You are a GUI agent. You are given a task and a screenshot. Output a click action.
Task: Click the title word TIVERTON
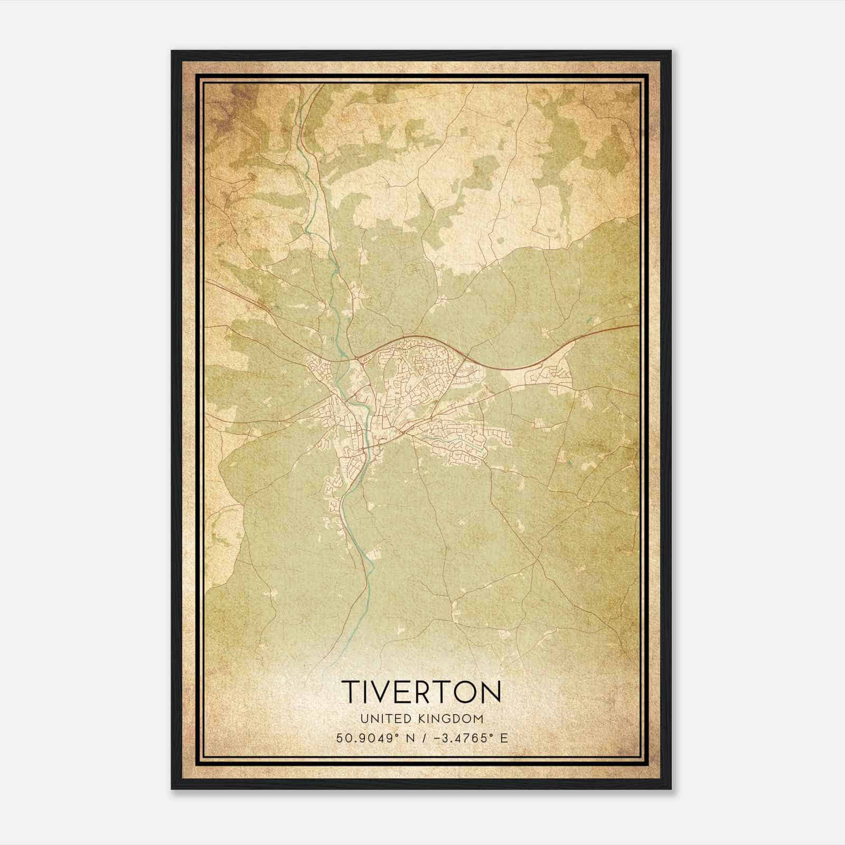(421, 691)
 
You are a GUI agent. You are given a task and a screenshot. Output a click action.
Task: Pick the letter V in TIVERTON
(380, 691)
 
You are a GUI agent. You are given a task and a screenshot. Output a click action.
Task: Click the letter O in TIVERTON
(463, 691)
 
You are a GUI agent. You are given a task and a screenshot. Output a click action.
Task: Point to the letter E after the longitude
(504, 738)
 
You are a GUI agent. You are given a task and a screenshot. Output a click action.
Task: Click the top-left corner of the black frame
(172, 51)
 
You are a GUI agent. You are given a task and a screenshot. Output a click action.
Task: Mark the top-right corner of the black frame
(671, 51)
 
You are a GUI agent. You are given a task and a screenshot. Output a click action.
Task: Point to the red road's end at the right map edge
(639, 325)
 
